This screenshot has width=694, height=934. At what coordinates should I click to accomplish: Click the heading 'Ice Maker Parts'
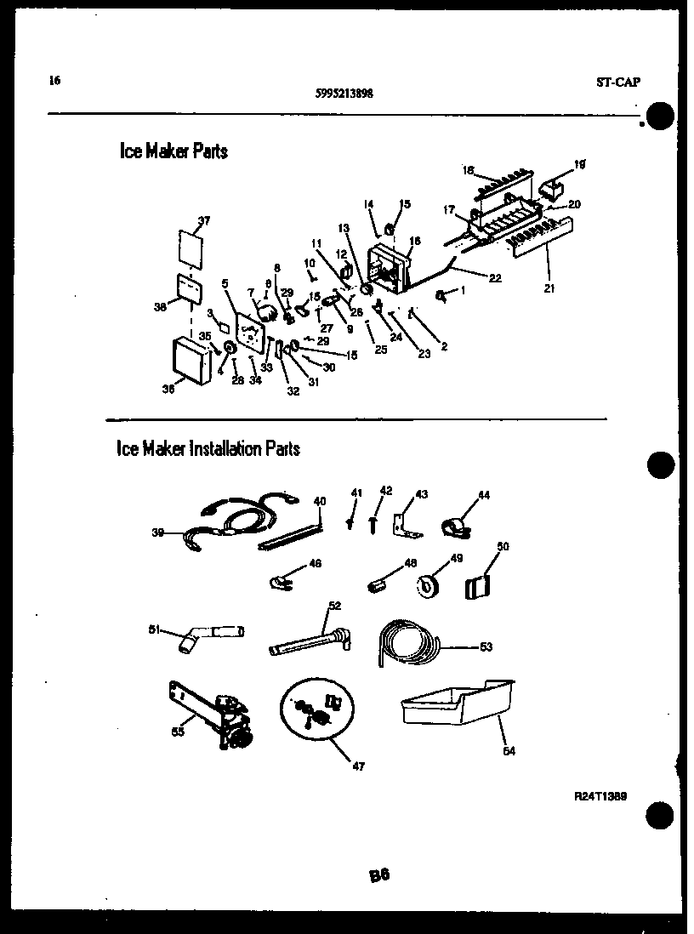tap(173, 151)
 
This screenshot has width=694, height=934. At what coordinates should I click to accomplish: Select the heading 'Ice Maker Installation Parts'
tap(208, 448)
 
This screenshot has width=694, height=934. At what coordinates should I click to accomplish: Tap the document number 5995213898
tap(343, 94)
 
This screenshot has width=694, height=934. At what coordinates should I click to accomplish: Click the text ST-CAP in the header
tap(617, 83)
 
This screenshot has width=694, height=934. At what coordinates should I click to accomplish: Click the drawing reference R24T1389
tap(600, 796)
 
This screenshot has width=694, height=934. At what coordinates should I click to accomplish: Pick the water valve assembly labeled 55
tap(216, 714)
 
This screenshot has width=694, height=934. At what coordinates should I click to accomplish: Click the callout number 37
tap(203, 221)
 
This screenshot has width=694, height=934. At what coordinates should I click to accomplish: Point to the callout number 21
tap(549, 288)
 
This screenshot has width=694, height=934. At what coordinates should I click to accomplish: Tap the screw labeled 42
tap(373, 521)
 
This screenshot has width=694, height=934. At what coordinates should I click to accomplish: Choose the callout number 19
tap(580, 163)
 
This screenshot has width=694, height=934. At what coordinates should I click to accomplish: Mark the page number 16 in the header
tap(54, 82)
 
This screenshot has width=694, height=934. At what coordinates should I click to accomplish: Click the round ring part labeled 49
tap(427, 585)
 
